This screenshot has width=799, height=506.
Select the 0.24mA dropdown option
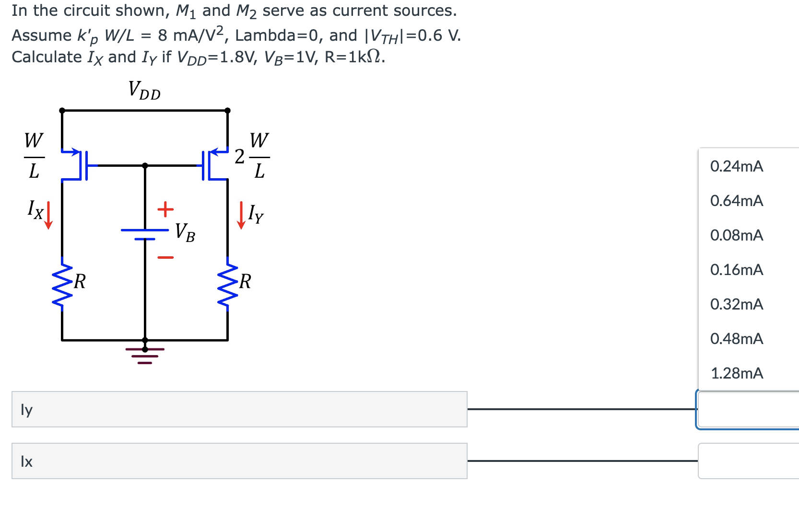coord(736,166)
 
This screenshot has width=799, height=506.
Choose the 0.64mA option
coord(736,201)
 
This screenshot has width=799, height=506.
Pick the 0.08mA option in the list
coord(736,235)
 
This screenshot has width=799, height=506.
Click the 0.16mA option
coord(736,270)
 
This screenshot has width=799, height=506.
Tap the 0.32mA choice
coord(736,304)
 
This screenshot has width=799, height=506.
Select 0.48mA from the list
coord(736,339)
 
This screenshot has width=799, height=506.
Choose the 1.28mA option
coord(736,373)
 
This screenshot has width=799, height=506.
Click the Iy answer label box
coord(239,409)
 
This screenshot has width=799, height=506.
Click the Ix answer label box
coord(239,461)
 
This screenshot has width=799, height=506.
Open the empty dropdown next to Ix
coord(748,461)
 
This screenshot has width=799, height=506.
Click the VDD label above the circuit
coord(144,90)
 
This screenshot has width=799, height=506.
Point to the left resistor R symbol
coord(62,284)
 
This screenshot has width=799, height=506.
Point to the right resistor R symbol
coord(227,284)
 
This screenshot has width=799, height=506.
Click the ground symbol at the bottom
coord(145,355)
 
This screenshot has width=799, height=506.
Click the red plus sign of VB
coord(165,209)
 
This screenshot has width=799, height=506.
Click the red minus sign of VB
coord(165,257)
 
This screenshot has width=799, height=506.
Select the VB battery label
coord(185,232)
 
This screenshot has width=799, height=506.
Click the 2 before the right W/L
coord(239,157)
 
